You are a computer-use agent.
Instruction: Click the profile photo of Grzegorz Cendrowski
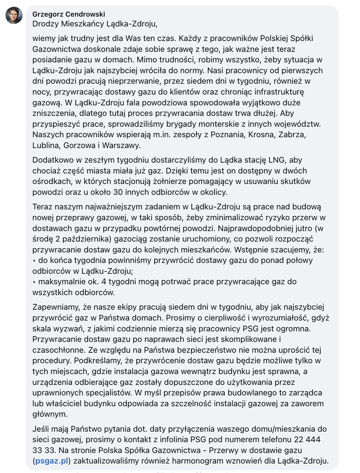click(14, 15)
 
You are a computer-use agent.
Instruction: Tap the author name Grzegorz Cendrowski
click(69, 14)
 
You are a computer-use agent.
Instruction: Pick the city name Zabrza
click(292, 135)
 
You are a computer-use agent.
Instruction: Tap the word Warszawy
click(121, 146)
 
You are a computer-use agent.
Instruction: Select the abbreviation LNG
click(277, 160)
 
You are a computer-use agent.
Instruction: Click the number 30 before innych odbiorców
click(118, 192)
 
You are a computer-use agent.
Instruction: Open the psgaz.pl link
click(52, 461)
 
